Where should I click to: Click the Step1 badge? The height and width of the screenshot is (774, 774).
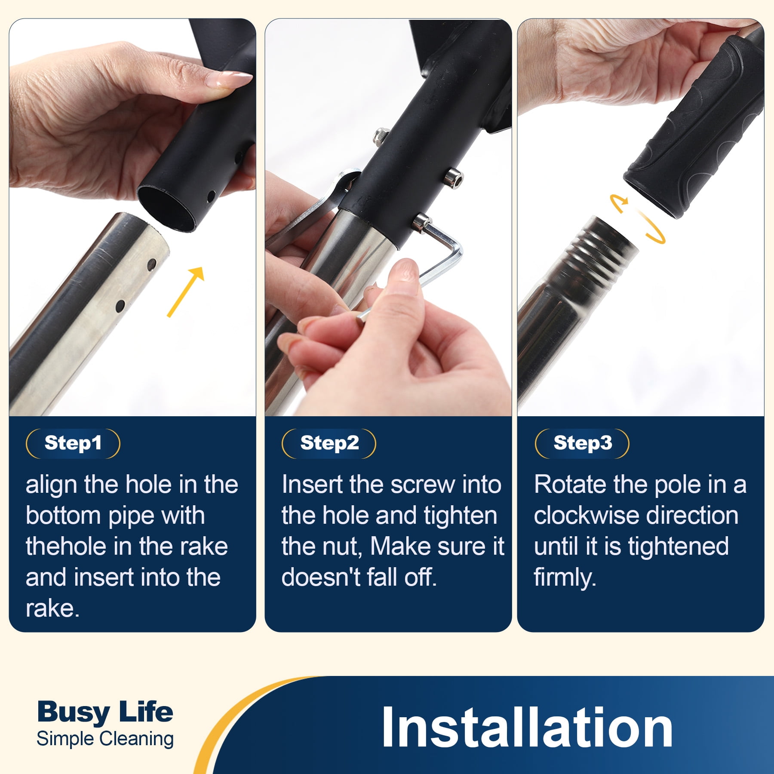[x=73, y=443]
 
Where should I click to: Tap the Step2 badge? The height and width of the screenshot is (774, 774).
[x=329, y=443]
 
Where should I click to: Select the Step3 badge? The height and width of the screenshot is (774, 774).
[x=582, y=443]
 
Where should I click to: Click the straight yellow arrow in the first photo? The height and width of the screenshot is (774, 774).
[x=185, y=292]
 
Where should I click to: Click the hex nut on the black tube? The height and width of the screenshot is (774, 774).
[x=381, y=136]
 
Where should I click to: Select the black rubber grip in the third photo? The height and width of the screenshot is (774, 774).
[x=692, y=129]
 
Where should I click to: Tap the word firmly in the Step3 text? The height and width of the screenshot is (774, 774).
[x=565, y=577]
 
